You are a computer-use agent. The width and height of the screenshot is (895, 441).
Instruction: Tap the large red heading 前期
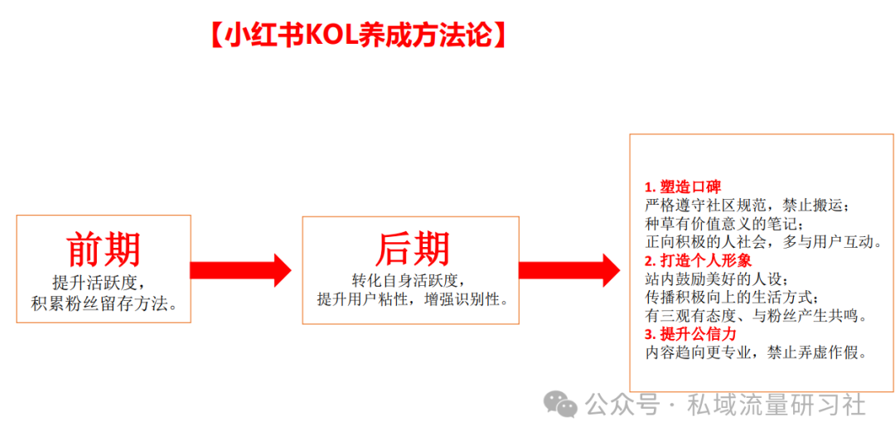point(104,250)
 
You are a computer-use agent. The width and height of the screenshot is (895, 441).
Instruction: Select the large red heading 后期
point(412,249)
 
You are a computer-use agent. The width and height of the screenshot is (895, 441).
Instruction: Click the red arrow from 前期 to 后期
point(240,270)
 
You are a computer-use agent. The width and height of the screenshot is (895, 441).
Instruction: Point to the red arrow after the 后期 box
point(569,270)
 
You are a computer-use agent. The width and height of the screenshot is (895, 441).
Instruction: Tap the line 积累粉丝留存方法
point(104,303)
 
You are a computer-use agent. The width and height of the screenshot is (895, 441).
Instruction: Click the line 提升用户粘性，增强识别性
point(412,300)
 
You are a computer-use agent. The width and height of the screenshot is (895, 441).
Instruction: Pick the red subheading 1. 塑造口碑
point(683,187)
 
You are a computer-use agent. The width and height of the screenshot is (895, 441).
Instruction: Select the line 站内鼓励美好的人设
point(717,279)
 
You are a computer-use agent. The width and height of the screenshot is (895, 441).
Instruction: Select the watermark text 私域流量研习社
point(776,405)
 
